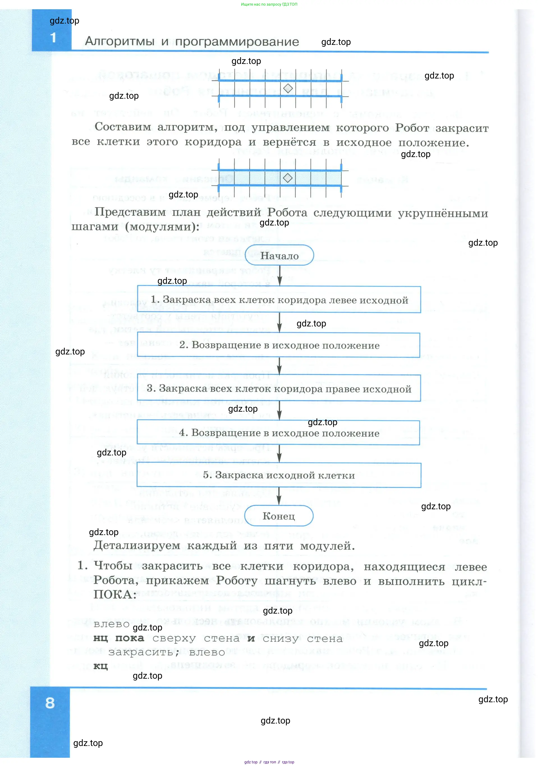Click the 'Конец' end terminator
(279, 516)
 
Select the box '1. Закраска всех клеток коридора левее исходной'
(279, 300)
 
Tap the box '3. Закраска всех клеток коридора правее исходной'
(279, 388)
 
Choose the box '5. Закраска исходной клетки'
(279, 475)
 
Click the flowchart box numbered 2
(279, 345)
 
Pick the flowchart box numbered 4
(279, 433)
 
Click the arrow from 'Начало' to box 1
(280, 276)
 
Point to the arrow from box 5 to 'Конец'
(279, 496)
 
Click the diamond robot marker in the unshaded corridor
(288, 89)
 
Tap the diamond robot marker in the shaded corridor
(288, 178)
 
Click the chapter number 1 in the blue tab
(53, 37)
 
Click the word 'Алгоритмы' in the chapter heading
(120, 42)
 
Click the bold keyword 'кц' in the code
(100, 666)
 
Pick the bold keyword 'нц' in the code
(100, 638)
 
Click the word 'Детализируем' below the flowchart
(136, 545)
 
